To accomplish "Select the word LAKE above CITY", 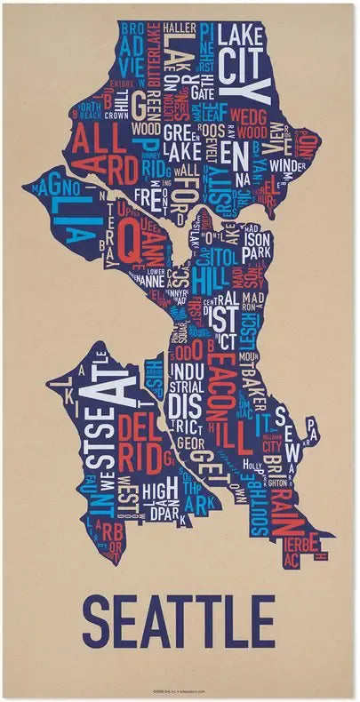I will [243, 36].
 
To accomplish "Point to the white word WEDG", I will [248, 116].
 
